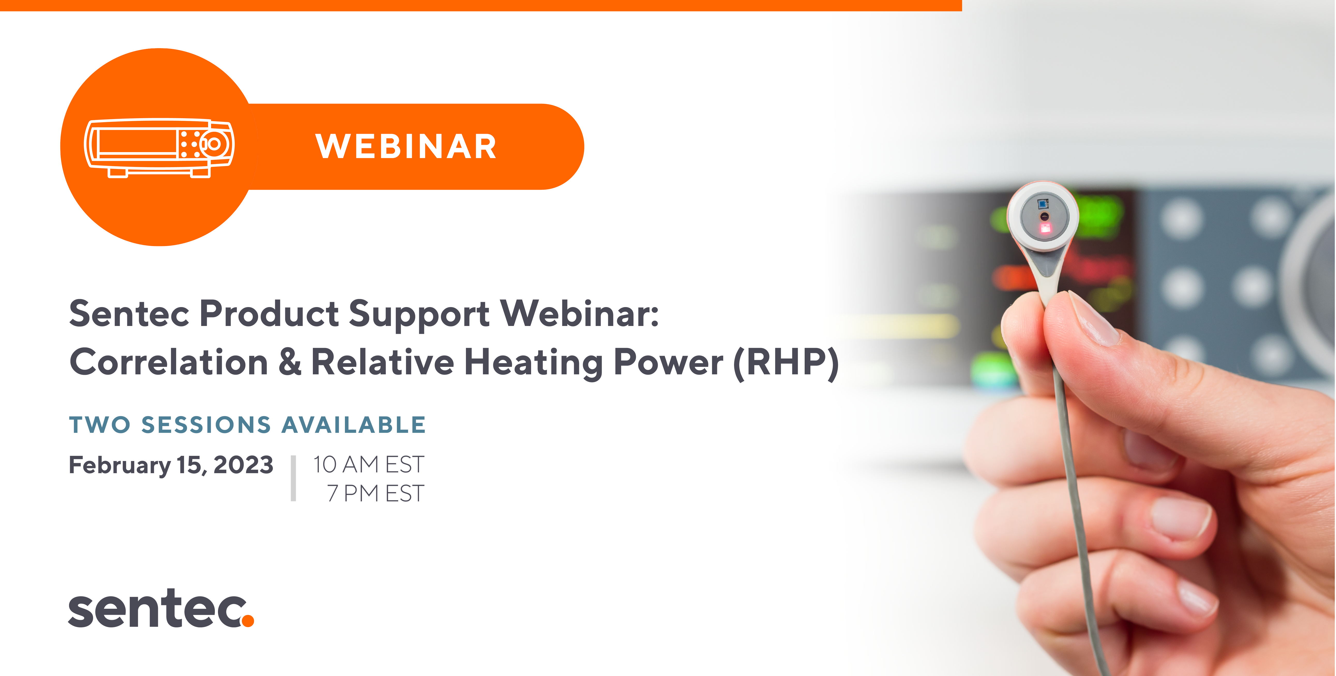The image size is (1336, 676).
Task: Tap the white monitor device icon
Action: pyautogui.click(x=159, y=148)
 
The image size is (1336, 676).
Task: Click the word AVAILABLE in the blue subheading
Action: pyautogui.click(x=354, y=425)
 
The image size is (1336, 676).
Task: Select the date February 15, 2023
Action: pyautogui.click(x=171, y=465)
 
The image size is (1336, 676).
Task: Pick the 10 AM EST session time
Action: pyautogui.click(x=369, y=464)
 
